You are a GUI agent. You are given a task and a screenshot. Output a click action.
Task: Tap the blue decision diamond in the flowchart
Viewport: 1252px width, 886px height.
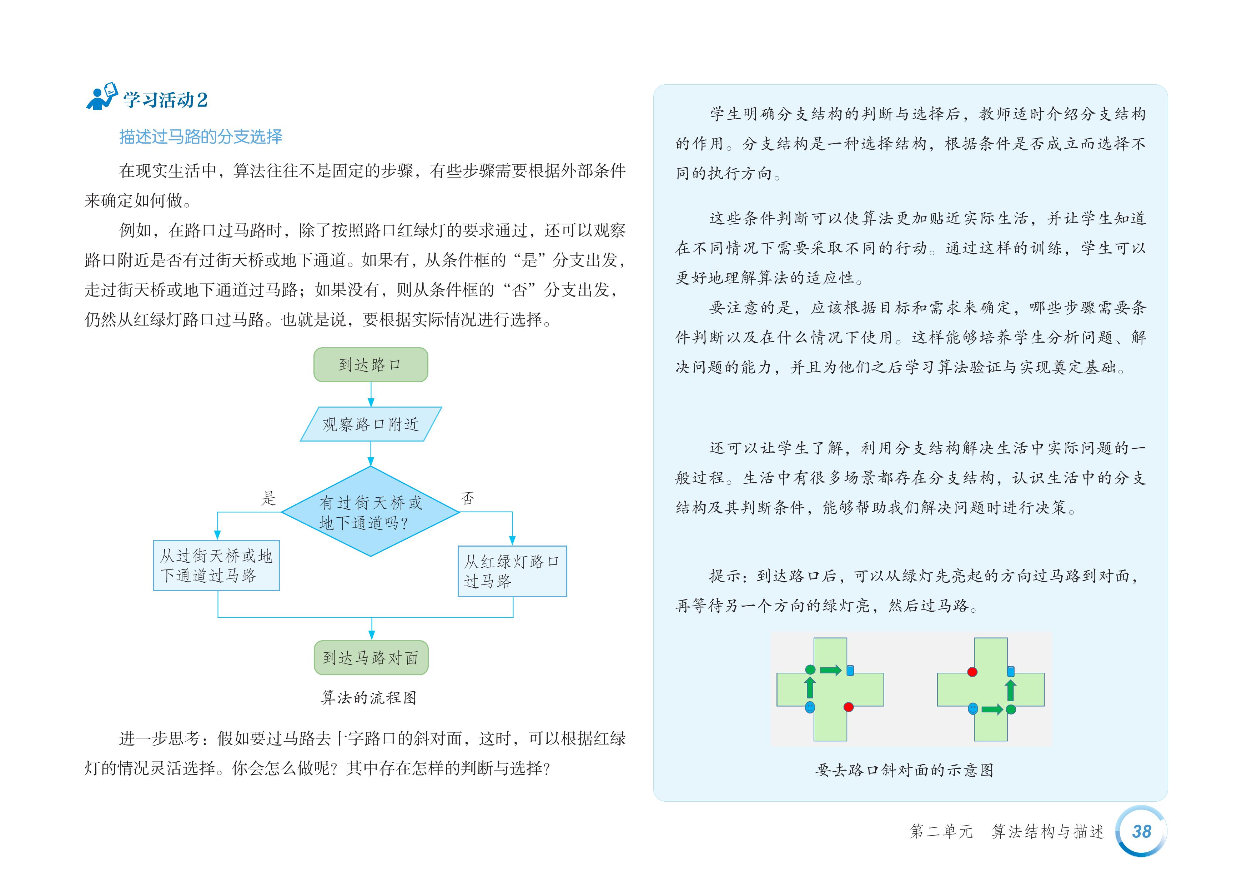(370, 512)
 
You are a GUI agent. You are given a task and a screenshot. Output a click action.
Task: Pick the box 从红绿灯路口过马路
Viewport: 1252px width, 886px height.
(512, 571)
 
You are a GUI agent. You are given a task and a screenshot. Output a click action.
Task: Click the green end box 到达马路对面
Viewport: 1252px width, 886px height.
(371, 657)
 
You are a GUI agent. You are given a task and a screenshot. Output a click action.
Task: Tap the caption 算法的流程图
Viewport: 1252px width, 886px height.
(369, 698)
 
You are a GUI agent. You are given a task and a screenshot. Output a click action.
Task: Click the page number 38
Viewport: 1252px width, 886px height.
(1141, 831)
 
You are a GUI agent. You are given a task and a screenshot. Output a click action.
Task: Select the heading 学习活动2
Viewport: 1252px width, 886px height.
(165, 100)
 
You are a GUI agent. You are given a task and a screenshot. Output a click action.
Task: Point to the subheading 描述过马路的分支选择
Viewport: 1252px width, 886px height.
(201, 136)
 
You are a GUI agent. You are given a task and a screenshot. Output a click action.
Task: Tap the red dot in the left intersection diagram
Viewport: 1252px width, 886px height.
(848, 707)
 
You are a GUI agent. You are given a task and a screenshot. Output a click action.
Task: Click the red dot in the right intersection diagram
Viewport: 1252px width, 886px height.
(972, 672)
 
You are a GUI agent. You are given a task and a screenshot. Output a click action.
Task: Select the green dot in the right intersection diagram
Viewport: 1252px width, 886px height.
(1010, 709)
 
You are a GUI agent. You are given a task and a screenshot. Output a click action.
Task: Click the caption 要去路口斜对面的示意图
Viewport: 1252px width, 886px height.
(904, 770)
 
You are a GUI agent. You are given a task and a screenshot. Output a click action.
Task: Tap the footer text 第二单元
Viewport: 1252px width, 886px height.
(941, 831)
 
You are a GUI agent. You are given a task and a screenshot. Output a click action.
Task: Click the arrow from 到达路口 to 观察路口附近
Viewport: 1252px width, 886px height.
(371, 394)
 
